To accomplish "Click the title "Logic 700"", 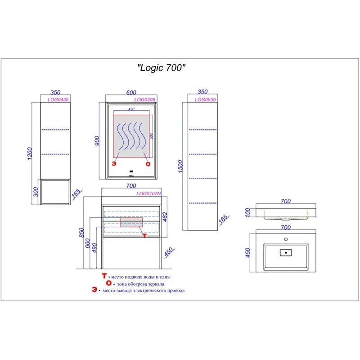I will pos(161,68).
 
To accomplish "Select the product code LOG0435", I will pos(56,100).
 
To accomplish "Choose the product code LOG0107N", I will pos(149,194).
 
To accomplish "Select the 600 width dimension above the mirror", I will pos(131,92).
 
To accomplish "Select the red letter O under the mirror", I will pos(148,164).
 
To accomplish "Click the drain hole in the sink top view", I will pos(285,252).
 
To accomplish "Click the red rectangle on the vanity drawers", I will pos(131,222).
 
